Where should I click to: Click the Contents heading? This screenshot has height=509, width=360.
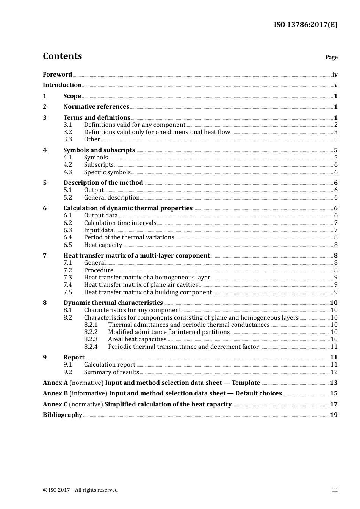point(62,56)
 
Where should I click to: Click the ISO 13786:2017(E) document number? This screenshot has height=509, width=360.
point(305,25)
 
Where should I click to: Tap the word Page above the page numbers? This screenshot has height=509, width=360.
point(331,57)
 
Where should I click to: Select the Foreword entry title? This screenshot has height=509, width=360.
point(57,74)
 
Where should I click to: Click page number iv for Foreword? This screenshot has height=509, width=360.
point(335,74)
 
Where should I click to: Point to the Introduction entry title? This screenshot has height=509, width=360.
point(62,85)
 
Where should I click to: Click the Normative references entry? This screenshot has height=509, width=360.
point(96,106)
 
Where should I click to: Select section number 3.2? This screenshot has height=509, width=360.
point(67,132)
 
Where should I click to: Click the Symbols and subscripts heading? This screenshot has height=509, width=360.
point(99,150)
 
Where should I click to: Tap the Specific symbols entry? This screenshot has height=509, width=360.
point(107,172)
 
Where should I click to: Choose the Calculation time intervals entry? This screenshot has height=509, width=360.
point(120,223)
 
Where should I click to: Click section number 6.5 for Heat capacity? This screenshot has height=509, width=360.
point(67,245)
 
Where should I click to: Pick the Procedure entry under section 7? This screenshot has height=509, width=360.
point(99,270)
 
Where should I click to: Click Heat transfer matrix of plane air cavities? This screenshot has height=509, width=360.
point(141,284)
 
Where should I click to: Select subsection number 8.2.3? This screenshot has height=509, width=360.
point(91,339)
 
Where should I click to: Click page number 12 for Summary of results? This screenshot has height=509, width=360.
point(334,372)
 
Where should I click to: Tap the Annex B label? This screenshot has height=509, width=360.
point(55,393)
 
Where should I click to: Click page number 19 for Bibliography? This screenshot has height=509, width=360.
point(333,415)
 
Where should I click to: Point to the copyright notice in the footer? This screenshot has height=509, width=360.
point(80,490)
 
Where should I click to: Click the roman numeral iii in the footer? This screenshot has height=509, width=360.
point(335,489)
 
